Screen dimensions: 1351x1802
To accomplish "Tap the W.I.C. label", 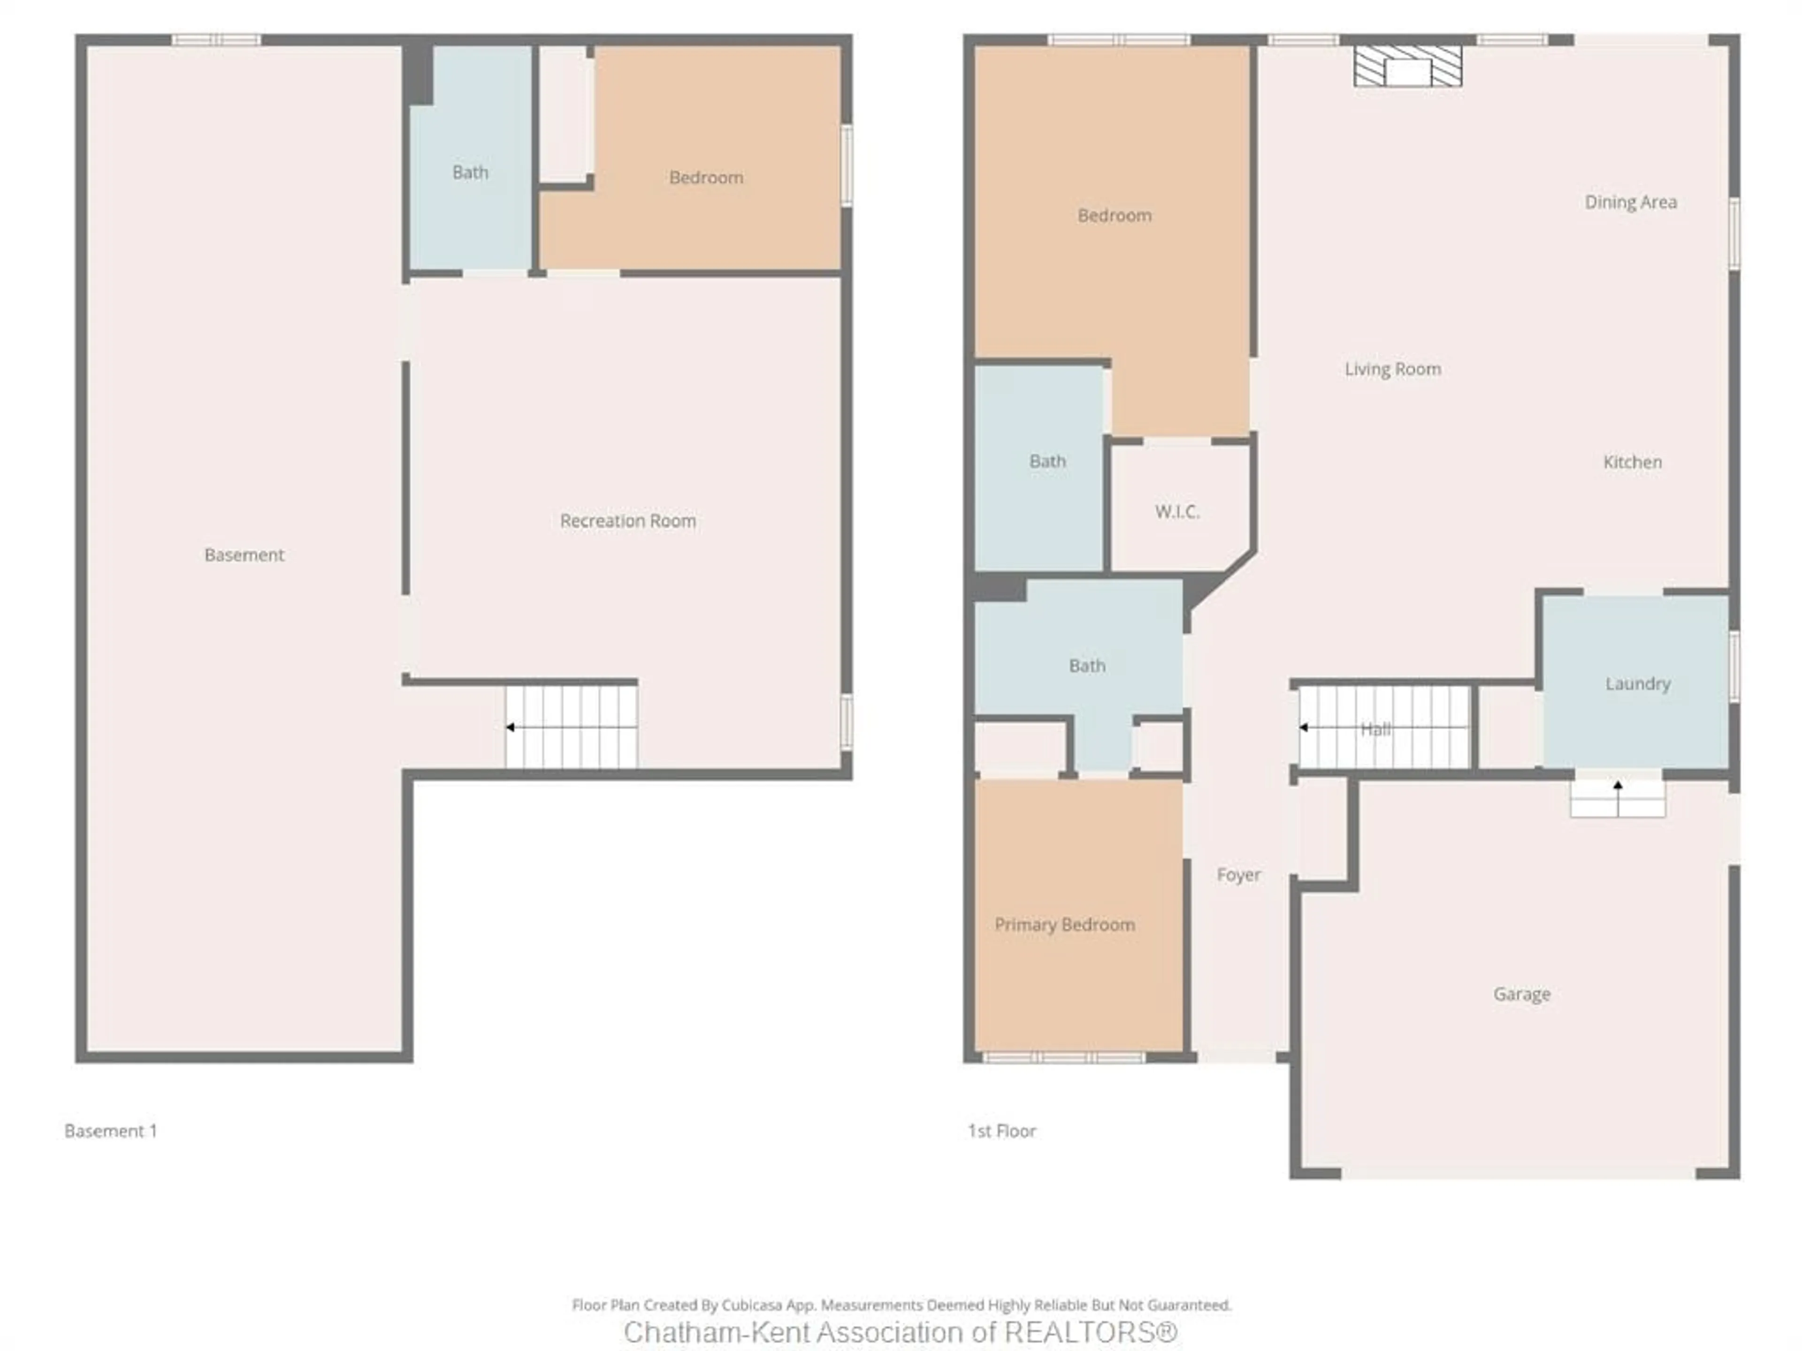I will (1176, 511).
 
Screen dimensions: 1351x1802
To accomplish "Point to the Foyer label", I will (1238, 874).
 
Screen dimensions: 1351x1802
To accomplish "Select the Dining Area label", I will (1630, 202).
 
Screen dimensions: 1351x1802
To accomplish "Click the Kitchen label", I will (1632, 462).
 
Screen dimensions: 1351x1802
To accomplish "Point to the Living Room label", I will (1392, 369).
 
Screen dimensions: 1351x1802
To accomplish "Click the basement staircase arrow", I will (511, 726).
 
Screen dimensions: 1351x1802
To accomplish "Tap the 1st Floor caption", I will (1001, 1131).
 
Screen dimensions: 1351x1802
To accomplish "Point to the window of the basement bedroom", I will (847, 165).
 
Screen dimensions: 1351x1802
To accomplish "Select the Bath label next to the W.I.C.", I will (1047, 461).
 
